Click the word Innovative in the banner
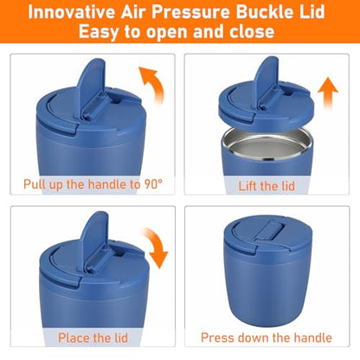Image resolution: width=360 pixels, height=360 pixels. coord(71,12)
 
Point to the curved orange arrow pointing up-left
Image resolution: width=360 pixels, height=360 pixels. coord(155,82)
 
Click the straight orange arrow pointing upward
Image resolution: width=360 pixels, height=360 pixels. coord(328,93)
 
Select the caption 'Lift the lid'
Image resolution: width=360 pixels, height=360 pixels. coord(267,186)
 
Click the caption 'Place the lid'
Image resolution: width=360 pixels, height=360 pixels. coord(93,337)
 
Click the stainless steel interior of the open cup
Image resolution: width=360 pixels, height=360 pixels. coord(267,145)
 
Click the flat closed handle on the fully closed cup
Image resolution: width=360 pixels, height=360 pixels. coord(269,230)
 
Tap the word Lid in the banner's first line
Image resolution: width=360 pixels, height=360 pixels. coord(311,12)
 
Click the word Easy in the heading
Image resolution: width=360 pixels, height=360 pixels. coord(98,31)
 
